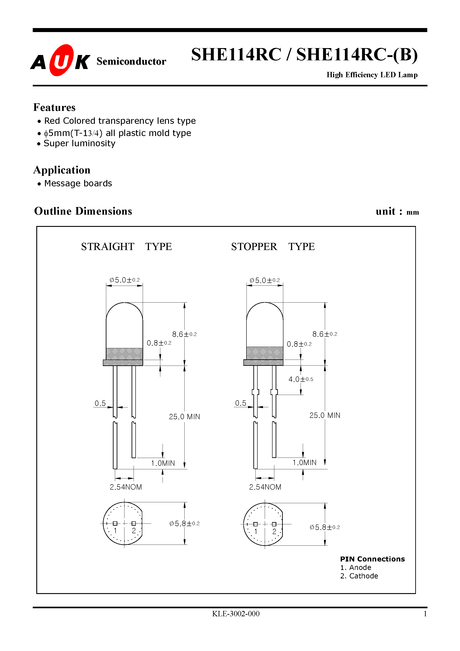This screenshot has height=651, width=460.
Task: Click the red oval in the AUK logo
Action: [61, 60]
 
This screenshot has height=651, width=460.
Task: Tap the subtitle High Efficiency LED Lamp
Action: [372, 75]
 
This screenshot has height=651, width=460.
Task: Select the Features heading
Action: [55, 108]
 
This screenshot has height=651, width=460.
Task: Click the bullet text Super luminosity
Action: [79, 143]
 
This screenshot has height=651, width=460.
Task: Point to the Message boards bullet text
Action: [78, 183]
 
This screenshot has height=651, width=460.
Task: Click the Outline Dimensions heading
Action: [83, 211]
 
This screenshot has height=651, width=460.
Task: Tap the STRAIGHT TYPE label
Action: [126, 247]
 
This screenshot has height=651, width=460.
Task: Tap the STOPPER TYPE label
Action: [273, 247]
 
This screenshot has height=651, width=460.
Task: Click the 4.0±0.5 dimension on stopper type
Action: [301, 379]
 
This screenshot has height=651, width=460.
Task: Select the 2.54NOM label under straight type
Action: [126, 487]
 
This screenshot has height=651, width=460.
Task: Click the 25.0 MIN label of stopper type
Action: [324, 415]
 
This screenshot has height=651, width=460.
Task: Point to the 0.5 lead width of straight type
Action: [100, 403]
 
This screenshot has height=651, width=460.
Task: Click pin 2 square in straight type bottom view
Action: [134, 523]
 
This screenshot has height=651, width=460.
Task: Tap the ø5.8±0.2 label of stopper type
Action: [324, 527]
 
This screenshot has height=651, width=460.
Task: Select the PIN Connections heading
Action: [372, 559]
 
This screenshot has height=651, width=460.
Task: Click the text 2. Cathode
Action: [359, 576]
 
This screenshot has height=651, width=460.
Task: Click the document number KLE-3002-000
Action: [236, 614]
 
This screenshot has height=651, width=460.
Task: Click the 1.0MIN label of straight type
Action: [163, 463]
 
